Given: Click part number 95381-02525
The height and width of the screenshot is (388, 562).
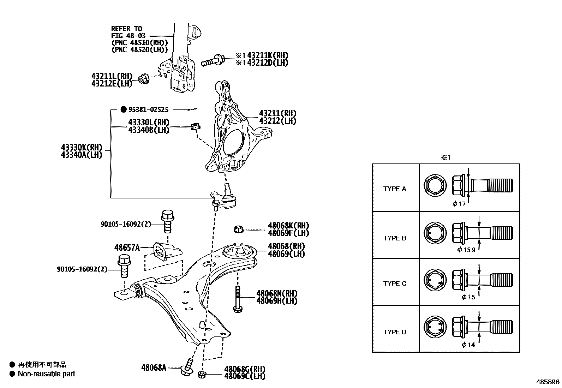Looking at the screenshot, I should point(148,110).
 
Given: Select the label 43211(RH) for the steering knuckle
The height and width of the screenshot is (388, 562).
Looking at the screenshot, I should point(277,113).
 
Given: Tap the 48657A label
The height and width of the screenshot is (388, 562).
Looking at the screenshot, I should point(127,247).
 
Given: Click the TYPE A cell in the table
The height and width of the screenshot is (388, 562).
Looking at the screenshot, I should point(395,189).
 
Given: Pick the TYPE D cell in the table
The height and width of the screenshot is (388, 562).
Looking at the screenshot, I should point(395,332).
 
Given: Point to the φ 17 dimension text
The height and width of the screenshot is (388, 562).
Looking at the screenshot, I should point(459,204).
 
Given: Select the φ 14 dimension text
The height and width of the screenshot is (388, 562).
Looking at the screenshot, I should point(468,345).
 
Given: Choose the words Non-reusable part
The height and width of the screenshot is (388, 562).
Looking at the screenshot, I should point(47,374).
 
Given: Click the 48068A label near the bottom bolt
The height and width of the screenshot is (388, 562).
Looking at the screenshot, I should point(154,368).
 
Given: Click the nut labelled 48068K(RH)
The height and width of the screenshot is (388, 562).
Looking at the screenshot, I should point(239,230).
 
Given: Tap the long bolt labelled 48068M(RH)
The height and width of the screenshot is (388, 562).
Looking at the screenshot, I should point(237,299).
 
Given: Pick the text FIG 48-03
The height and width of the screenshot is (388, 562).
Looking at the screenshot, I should point(128,36).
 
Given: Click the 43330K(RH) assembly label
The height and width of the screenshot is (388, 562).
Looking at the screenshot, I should point(81,147).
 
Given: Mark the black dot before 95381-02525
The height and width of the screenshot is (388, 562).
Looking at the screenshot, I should point(123,110).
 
